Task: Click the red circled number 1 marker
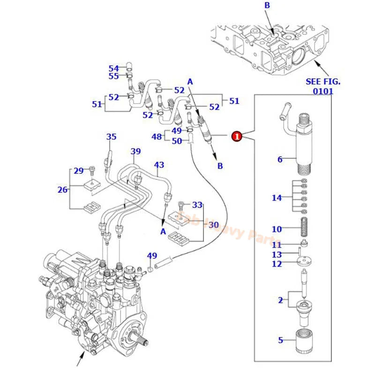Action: (x=237, y=136)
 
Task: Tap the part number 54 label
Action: (x=114, y=68)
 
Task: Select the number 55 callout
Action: (x=114, y=76)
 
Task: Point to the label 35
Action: (x=111, y=137)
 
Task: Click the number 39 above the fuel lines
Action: (x=135, y=151)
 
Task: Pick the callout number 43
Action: (x=159, y=165)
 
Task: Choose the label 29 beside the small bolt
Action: (x=78, y=171)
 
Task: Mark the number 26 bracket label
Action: (x=63, y=189)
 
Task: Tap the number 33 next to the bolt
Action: (x=197, y=204)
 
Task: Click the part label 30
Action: (x=214, y=225)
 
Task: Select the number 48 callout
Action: (x=157, y=136)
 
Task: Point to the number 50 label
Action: (x=177, y=141)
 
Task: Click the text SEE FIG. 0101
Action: (x=323, y=86)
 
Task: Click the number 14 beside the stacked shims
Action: (x=277, y=198)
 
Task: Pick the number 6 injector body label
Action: (x=280, y=159)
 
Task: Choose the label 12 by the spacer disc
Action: (x=277, y=263)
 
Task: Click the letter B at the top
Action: (x=267, y=6)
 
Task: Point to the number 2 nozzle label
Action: (x=280, y=300)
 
